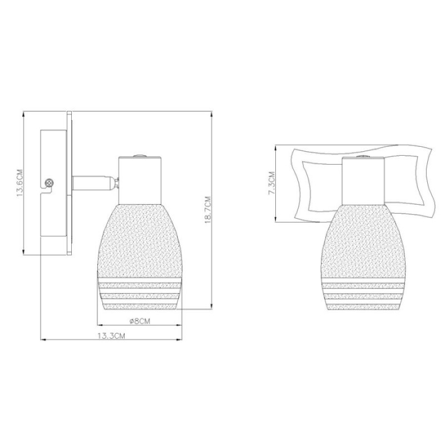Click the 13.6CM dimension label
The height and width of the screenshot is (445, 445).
(x=19, y=183)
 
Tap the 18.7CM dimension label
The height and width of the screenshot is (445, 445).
(x=207, y=210)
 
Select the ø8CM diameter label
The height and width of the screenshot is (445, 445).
(x=140, y=322)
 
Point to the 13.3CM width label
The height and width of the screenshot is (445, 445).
(x=111, y=336)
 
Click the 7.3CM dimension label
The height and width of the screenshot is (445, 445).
(x=271, y=183)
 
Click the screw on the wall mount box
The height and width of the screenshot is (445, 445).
(x=50, y=183)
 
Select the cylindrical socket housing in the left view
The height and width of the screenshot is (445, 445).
(x=140, y=180)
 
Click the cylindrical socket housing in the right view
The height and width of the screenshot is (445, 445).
(x=363, y=180)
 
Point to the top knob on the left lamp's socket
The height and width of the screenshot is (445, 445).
(x=140, y=155)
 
